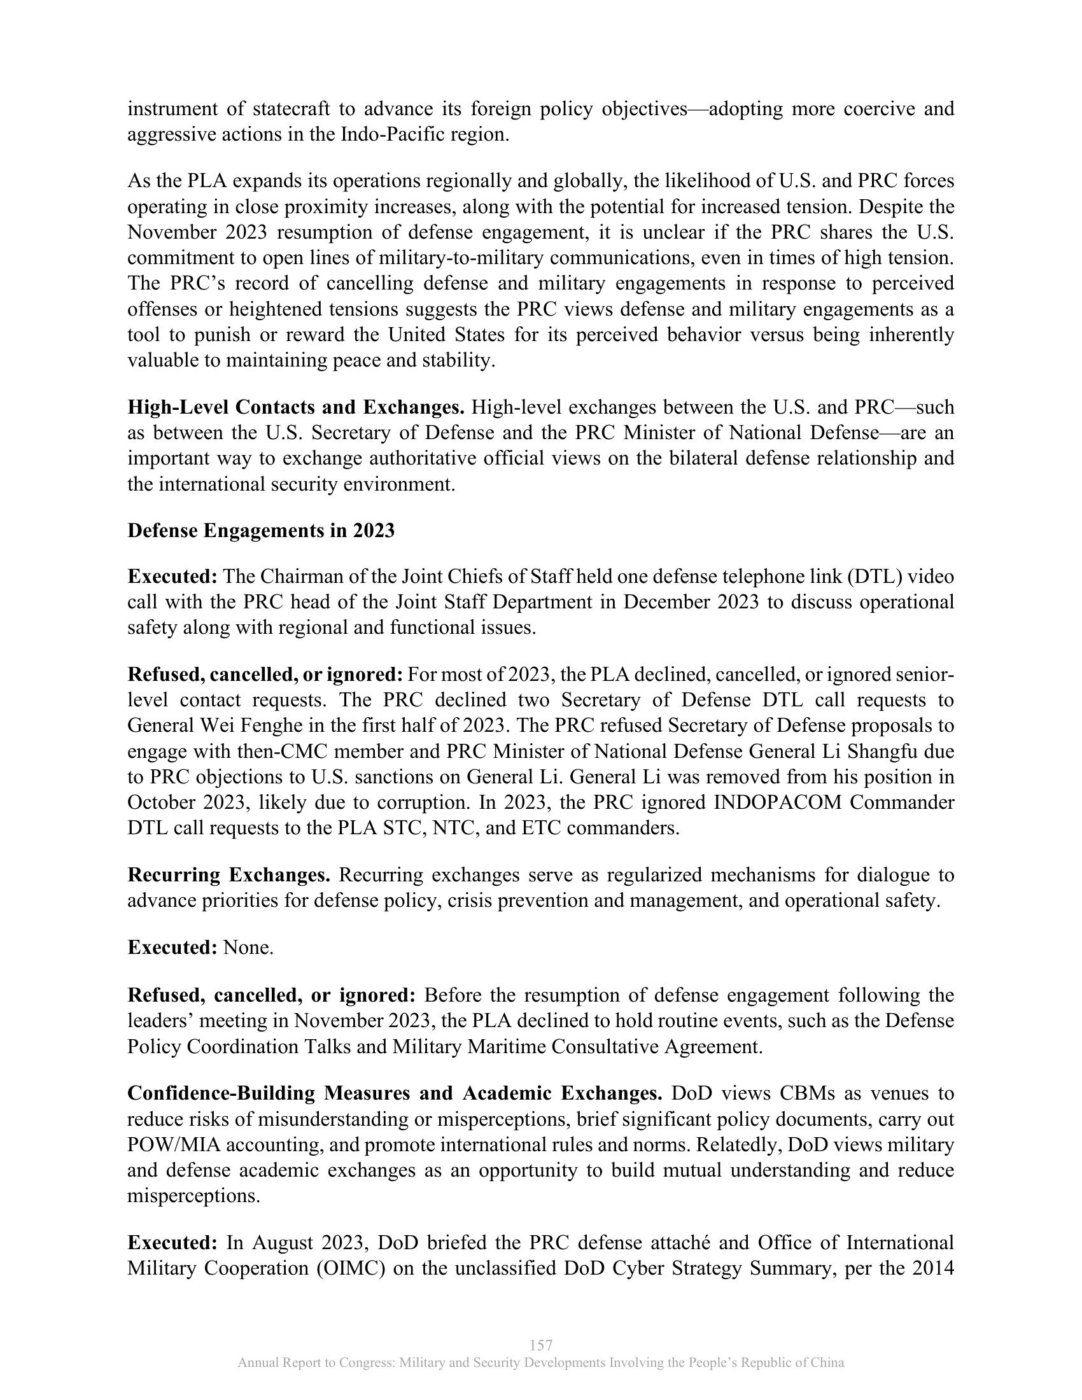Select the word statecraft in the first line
(x=291, y=109)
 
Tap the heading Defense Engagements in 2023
(x=261, y=531)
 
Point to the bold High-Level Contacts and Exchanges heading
(x=295, y=408)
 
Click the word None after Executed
(x=248, y=948)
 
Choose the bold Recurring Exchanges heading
(x=229, y=875)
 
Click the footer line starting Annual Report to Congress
(x=541, y=1363)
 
